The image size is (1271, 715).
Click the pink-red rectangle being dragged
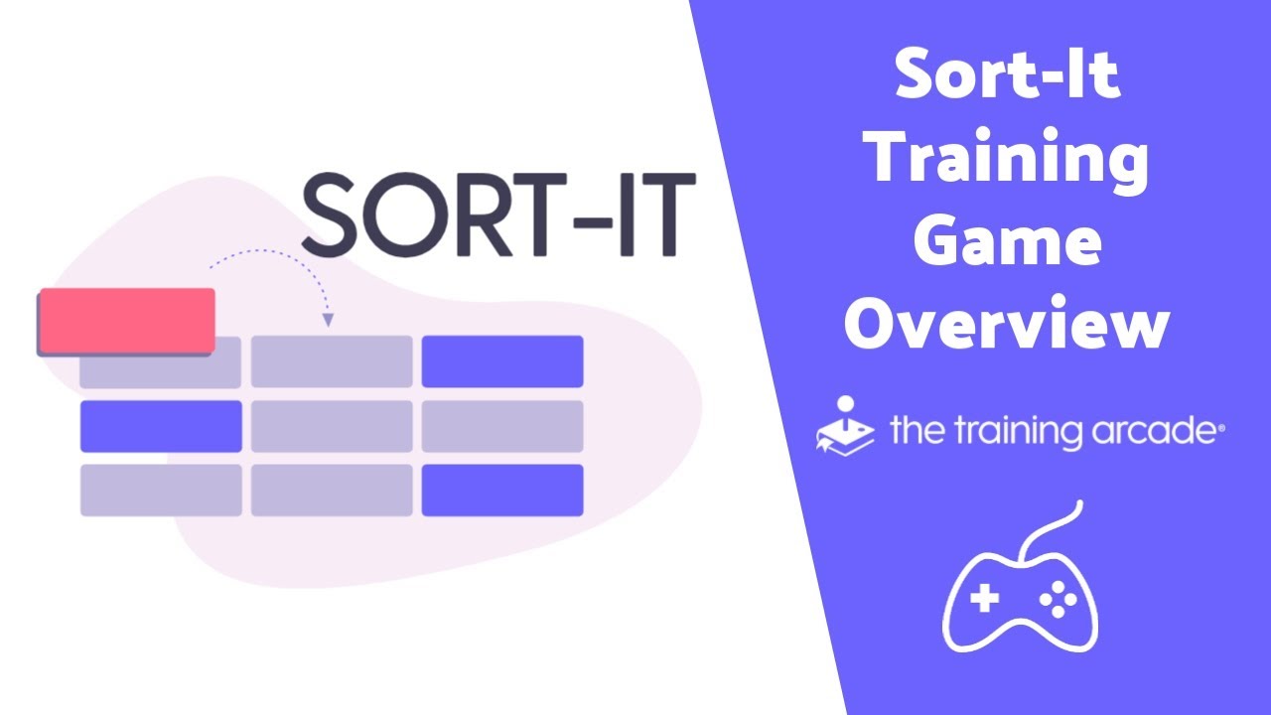(126, 321)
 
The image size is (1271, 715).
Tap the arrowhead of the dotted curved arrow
(328, 321)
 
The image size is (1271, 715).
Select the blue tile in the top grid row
(501, 361)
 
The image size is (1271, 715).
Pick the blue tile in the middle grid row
(161, 426)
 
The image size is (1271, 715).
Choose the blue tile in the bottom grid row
(501, 491)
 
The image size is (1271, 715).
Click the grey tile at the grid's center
(331, 426)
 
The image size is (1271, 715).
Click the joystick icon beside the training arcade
(845, 425)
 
